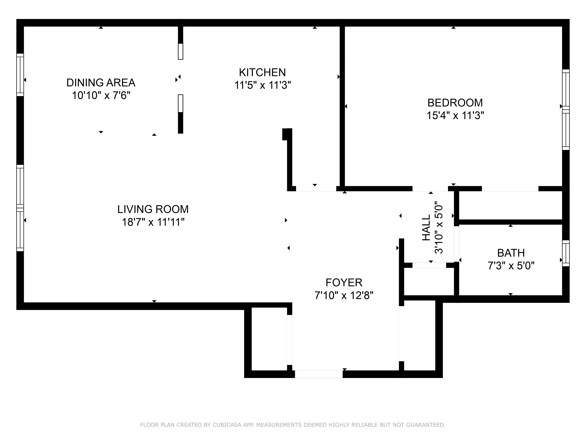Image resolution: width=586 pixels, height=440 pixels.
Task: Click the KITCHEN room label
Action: tap(262, 72)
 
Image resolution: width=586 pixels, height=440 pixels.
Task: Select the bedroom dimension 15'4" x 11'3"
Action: tap(455, 116)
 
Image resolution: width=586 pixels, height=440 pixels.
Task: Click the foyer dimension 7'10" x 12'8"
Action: tap(344, 295)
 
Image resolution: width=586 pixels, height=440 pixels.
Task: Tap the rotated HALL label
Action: tap(426, 228)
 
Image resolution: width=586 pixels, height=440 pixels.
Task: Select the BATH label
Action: tap(511, 253)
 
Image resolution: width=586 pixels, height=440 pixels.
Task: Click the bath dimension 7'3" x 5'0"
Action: tap(511, 265)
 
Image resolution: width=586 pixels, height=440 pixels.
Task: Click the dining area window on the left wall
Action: tap(20, 75)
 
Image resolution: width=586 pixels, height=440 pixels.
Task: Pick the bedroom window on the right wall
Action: tap(566, 110)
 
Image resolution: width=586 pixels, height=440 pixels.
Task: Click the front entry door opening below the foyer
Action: tap(318, 374)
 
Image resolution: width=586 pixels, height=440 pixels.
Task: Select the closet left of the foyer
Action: tap(269, 339)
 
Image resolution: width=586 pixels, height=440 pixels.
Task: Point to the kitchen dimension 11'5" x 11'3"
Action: tap(262, 85)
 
